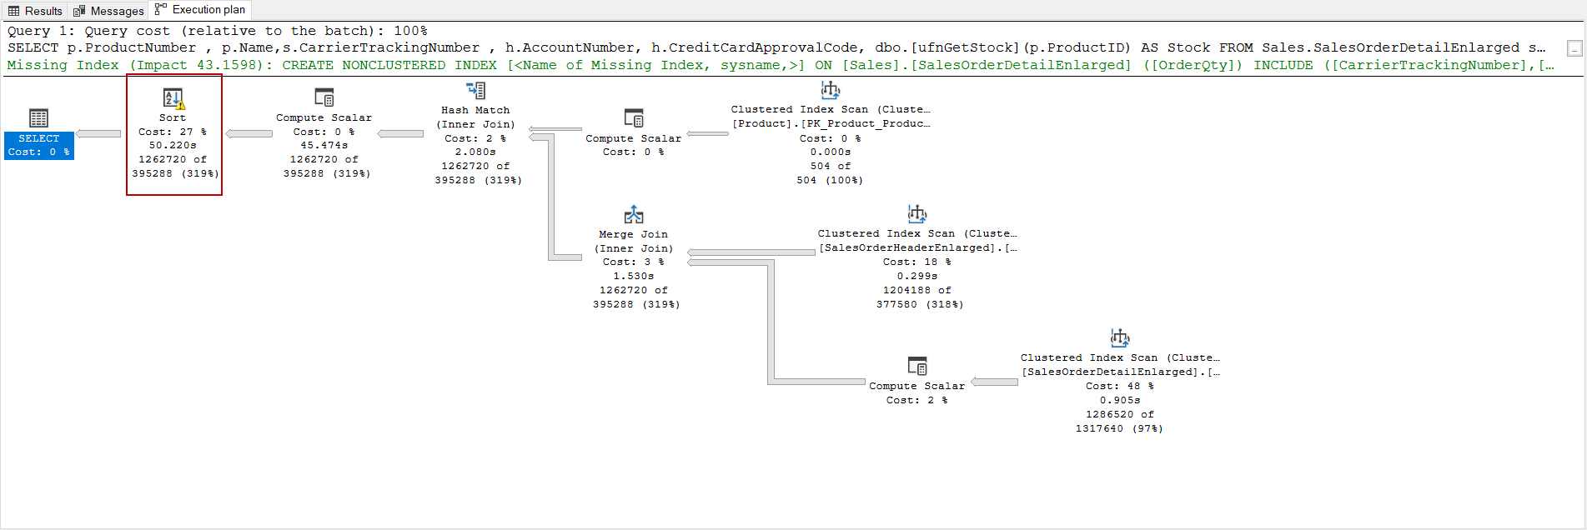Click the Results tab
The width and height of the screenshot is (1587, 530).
click(x=36, y=11)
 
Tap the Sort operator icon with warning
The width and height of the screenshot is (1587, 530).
click(x=173, y=99)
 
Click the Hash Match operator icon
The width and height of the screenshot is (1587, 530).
click(x=475, y=90)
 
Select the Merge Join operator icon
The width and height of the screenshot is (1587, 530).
click(x=634, y=215)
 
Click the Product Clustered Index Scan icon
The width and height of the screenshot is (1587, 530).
click(x=831, y=90)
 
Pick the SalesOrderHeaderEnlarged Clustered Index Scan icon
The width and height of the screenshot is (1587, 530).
click(x=917, y=214)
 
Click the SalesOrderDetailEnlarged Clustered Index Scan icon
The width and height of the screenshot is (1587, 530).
click(x=1120, y=338)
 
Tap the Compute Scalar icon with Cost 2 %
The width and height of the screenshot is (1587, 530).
click(x=917, y=366)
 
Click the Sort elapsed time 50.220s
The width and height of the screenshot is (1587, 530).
click(x=173, y=145)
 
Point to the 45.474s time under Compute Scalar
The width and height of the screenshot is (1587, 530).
click(x=324, y=145)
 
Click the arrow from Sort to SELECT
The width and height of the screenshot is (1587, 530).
click(x=99, y=133)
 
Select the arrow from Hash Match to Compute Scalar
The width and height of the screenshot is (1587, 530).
click(x=400, y=133)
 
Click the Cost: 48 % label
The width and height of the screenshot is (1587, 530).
click(x=1119, y=386)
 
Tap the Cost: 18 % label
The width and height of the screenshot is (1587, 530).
click(x=917, y=262)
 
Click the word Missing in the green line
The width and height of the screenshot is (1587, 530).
click(x=37, y=65)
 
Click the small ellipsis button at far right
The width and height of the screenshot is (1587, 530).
click(x=1574, y=48)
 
